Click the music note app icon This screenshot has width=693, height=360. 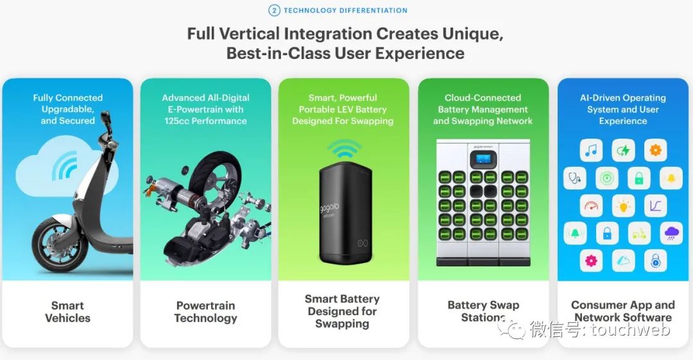591,150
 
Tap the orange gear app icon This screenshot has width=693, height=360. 655,150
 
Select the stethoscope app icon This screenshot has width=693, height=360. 574,178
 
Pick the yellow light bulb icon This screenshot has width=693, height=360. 623,206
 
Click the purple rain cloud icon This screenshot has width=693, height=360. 671,233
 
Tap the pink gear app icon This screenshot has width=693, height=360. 591,261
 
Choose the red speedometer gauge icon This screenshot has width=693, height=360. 591,206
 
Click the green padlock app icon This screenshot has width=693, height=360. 639,178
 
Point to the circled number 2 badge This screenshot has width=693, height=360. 274,10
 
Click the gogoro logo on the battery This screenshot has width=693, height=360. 330,210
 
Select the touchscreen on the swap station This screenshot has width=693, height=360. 483,159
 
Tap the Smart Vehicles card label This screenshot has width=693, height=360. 67,312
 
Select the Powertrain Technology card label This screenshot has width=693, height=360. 205,312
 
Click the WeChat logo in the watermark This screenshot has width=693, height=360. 511,328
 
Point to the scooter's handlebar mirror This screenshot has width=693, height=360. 105,117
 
